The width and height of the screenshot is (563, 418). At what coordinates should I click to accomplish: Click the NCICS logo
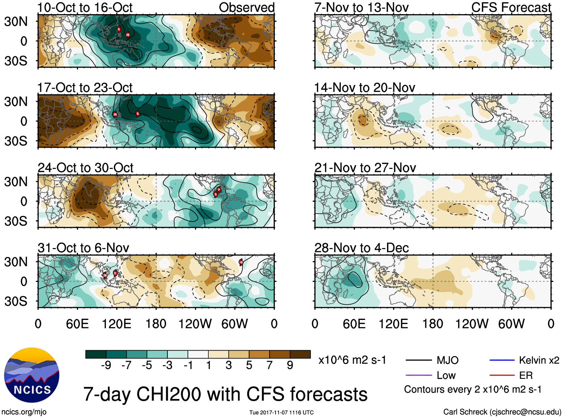[31, 375]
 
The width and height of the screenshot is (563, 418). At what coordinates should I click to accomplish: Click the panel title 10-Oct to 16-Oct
[85, 7]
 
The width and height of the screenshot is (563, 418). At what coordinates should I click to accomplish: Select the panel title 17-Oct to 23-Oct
[85, 88]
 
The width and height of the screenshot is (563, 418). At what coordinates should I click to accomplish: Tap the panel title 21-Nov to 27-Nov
[365, 168]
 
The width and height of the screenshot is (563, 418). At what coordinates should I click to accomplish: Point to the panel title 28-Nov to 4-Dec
[361, 248]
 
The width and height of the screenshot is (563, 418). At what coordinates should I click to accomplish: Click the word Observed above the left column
[246, 7]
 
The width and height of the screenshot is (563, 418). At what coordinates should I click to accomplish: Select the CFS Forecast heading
[511, 7]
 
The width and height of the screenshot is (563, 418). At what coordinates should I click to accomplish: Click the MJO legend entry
[447, 360]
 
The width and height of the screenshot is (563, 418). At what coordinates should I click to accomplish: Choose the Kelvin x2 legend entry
[539, 360]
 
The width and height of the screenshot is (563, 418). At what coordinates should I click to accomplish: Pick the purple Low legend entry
[446, 375]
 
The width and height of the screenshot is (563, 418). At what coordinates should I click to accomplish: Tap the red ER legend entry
[526, 375]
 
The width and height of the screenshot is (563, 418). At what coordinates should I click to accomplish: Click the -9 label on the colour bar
[106, 365]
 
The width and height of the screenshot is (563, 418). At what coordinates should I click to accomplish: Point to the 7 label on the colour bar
[270, 365]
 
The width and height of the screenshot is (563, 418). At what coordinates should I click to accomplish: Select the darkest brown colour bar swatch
[300, 354]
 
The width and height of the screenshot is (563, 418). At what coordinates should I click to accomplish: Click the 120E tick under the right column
[393, 324]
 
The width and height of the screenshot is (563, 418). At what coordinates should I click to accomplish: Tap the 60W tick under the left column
[235, 324]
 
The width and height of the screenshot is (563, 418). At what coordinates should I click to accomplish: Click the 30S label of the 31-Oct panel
[16, 301]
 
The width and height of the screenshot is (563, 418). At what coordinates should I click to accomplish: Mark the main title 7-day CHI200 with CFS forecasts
[225, 394]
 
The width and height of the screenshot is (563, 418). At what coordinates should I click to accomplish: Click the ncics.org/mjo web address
[24, 412]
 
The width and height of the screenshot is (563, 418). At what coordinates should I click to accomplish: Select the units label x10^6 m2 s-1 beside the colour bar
[352, 360]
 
